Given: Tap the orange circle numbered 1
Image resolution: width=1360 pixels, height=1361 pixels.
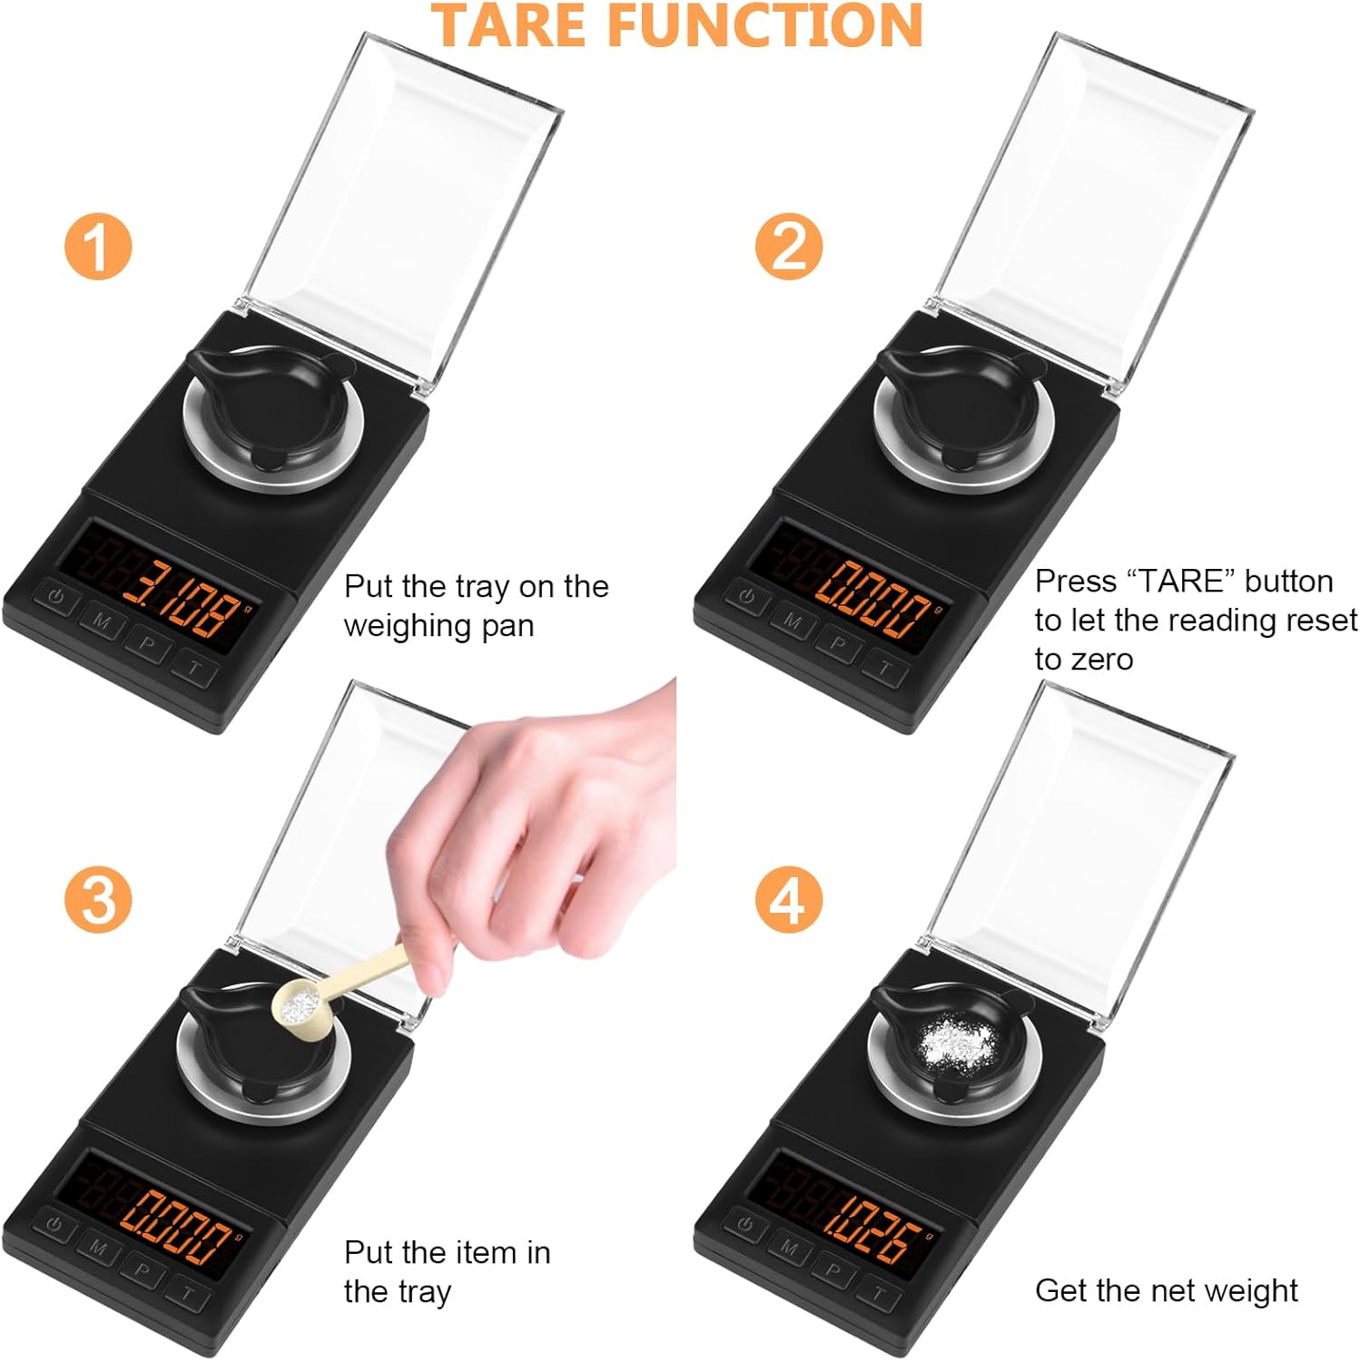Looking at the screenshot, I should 98,246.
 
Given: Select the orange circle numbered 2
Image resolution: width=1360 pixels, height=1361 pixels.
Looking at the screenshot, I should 789,245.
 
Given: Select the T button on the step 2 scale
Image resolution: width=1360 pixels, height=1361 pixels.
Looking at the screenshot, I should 884,670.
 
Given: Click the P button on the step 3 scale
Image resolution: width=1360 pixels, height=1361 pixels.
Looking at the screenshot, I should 142,1272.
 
